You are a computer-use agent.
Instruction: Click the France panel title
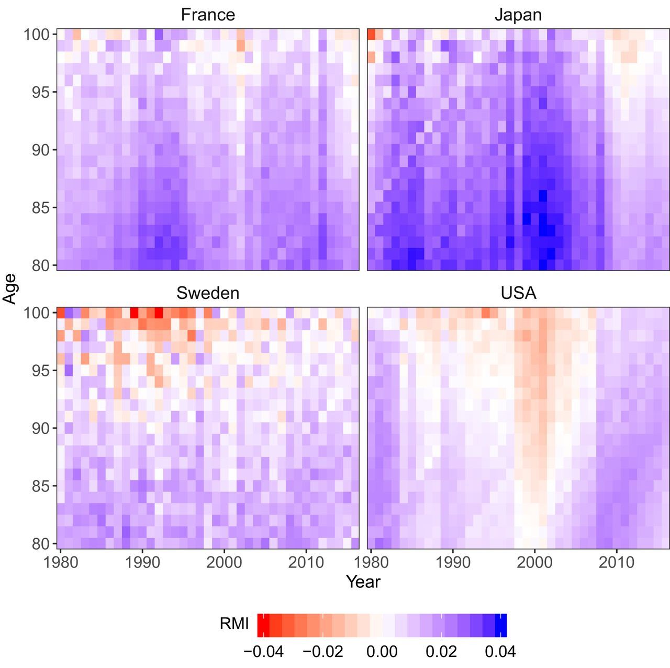point(208,15)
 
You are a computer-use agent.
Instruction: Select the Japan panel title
point(518,15)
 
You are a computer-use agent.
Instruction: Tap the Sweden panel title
point(208,293)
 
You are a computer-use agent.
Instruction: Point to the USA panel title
point(518,293)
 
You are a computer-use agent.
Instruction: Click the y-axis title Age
point(10,288)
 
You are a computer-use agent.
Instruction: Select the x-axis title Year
point(363,582)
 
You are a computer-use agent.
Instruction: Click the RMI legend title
point(234,624)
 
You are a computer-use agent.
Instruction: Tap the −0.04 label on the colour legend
point(263,652)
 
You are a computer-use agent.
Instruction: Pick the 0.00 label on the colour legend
point(382,652)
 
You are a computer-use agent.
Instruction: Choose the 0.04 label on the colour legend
point(500,652)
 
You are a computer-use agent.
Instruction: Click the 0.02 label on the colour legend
point(441,652)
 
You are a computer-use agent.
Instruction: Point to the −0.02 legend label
point(323,652)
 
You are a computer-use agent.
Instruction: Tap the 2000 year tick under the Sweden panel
point(224,563)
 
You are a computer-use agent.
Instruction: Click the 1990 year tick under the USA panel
point(453,563)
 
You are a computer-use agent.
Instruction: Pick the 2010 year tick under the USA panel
point(617,563)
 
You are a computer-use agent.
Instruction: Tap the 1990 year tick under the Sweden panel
point(142,563)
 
